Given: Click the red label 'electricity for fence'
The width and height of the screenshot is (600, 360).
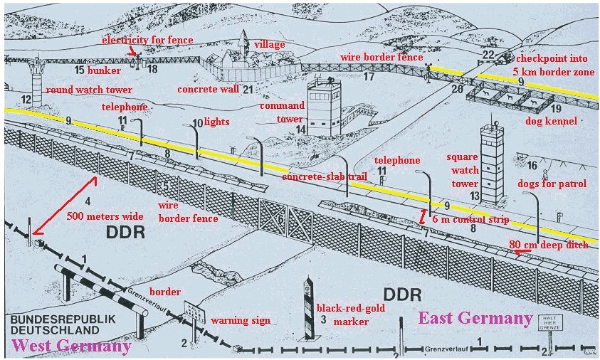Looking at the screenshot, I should pos(147,40).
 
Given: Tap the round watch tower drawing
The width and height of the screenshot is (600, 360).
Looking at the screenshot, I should pos(36,74).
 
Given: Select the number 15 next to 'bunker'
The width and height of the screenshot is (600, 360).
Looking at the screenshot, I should pos(79,71).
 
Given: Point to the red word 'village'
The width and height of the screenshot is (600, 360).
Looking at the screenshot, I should pos(270,44).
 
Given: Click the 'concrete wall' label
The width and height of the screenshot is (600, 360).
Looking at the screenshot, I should pos(208,90).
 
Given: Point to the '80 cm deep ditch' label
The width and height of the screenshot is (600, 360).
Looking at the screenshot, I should pos(549,245).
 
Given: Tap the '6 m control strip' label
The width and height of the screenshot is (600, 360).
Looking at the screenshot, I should pos(470,220).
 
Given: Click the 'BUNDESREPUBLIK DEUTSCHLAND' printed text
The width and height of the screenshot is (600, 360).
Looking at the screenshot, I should pos(54,325).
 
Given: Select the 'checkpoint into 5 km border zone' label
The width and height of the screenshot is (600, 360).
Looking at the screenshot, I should pos(557,65).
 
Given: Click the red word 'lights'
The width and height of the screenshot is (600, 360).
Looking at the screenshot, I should pos(216,122).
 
